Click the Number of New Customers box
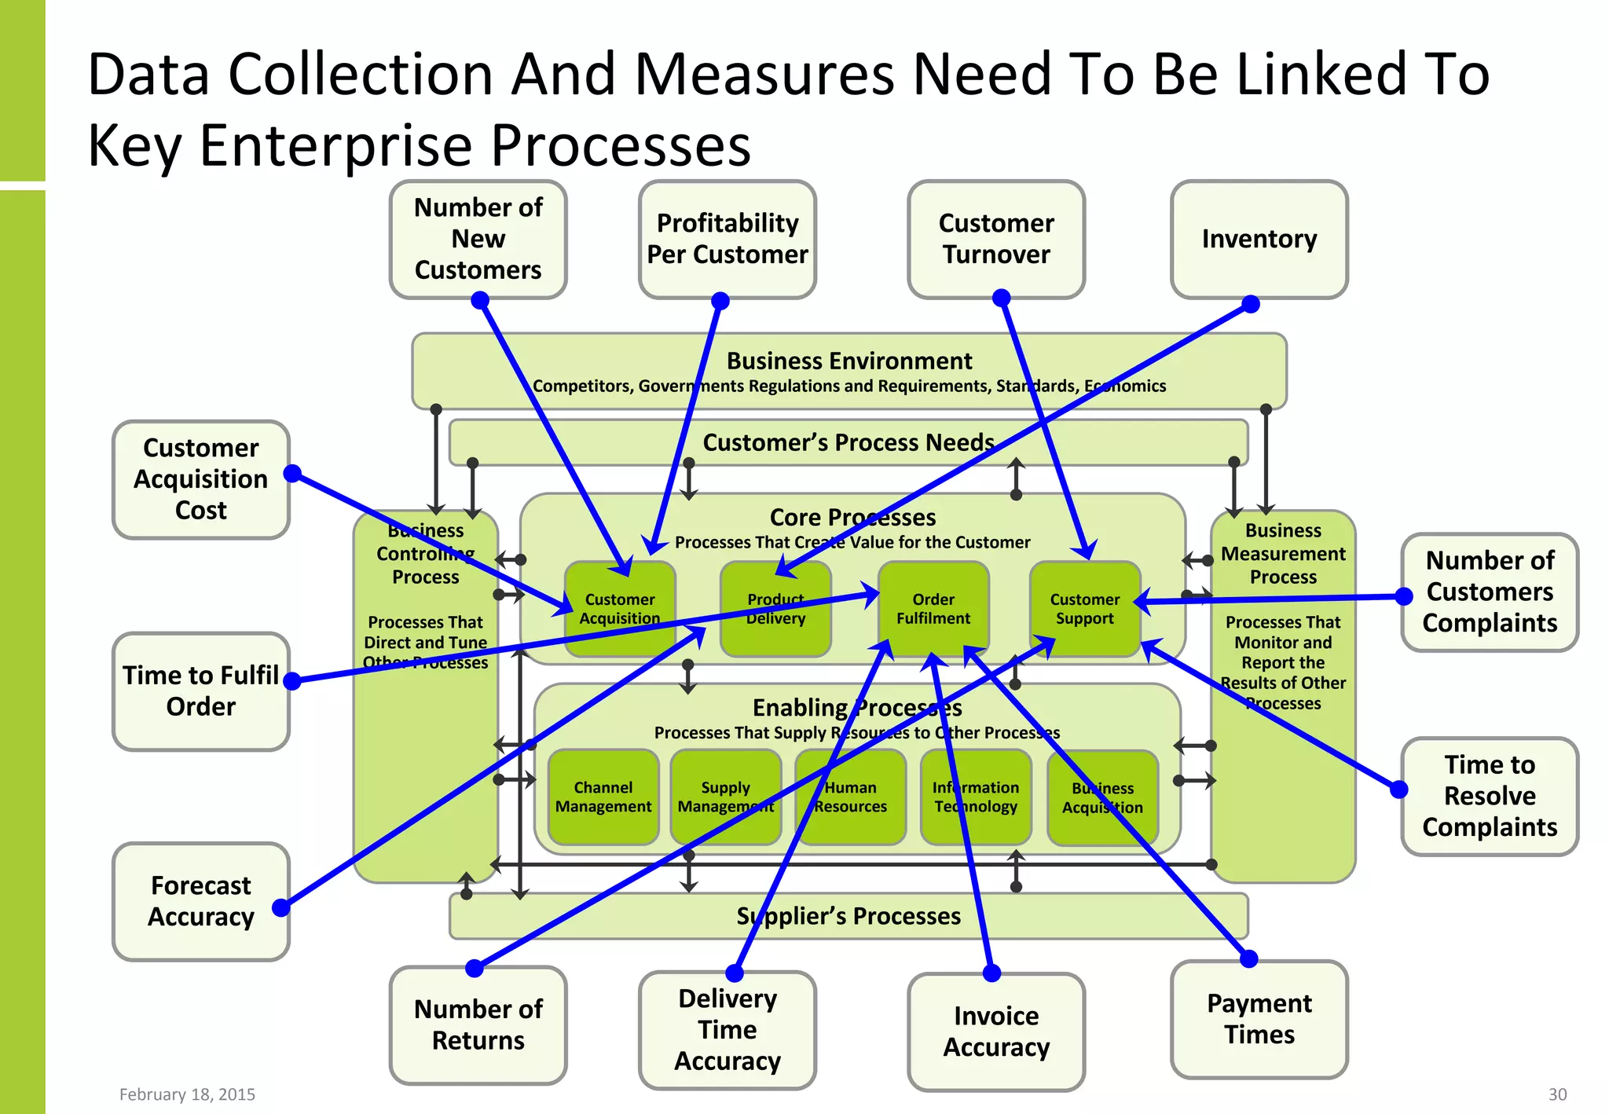pos(478,239)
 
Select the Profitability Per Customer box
pos(728,239)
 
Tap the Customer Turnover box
pos(996,239)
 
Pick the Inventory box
pos(1259,239)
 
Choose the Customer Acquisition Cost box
pos(201,479)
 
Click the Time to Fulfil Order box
pos(201,691)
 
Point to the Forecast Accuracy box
pos(201,901)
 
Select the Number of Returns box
pos(478,1024)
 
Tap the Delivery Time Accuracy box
pos(728,1030)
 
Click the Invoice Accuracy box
pos(996,1032)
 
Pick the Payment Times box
pos(1259,1019)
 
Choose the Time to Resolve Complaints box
pos(1490,796)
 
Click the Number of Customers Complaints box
pos(1490,592)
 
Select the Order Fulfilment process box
pos(933,609)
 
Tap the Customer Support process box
pos(1085,609)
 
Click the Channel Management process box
pos(603,797)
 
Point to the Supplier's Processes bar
pos(848,916)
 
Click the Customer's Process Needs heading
pos(848,442)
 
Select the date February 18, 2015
pos(187,1094)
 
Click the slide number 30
pos(1557,1094)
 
